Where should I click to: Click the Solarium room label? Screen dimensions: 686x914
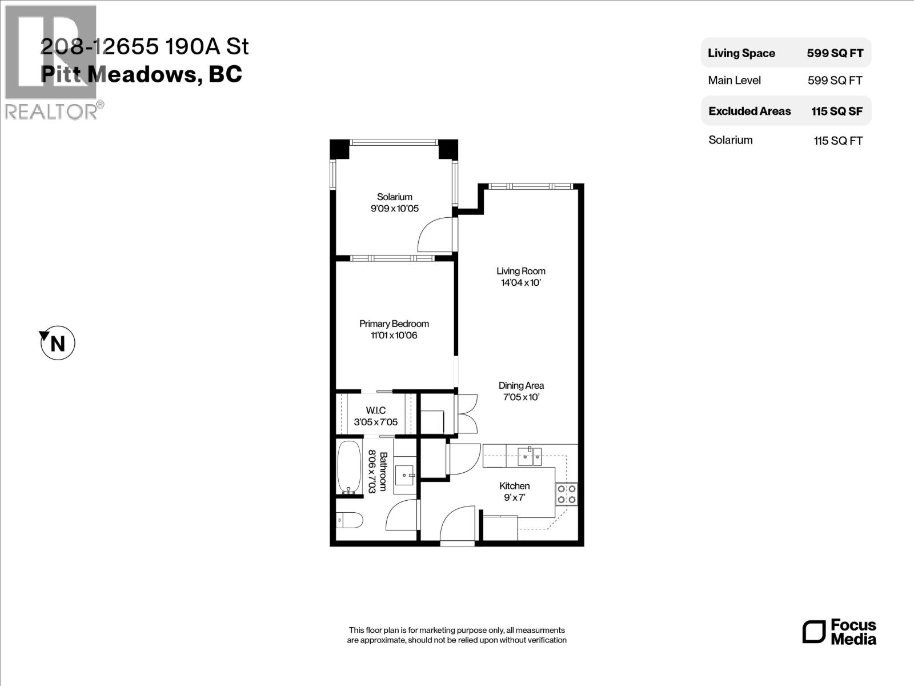click(x=394, y=197)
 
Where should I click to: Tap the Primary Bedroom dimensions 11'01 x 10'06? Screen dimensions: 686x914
click(x=394, y=336)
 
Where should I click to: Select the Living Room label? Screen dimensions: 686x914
click(x=520, y=271)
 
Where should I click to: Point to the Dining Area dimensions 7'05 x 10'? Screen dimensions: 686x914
click(x=520, y=397)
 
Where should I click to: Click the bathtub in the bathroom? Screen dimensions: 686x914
click(x=348, y=467)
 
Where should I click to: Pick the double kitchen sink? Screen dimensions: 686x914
click(x=530, y=456)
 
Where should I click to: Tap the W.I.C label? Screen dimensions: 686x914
click(x=375, y=410)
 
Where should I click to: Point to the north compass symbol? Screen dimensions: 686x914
click(x=57, y=344)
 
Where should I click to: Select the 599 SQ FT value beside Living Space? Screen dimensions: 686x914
click(x=835, y=53)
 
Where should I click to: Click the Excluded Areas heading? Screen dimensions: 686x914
click(x=749, y=111)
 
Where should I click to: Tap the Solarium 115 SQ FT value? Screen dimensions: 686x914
click(x=837, y=141)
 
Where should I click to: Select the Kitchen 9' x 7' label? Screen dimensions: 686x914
click(x=514, y=492)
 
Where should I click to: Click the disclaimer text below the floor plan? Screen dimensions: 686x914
click(x=456, y=635)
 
